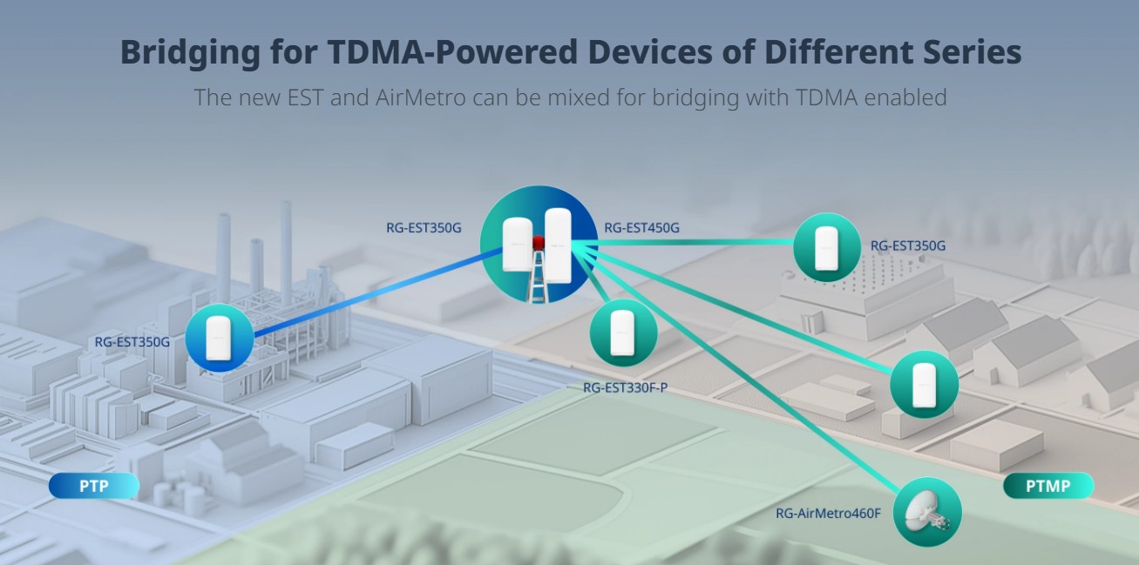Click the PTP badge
tap(93, 486)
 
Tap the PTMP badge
tap(1047, 486)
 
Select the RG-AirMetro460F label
tap(829, 513)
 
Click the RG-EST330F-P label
tap(625, 387)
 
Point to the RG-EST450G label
tap(641, 229)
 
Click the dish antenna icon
tap(927, 512)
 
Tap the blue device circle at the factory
tap(219, 338)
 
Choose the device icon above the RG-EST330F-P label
tap(623, 333)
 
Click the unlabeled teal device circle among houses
tap(924, 384)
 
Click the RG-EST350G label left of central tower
tap(424, 229)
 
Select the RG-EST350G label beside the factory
tap(132, 342)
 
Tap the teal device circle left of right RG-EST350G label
tap(826, 247)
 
